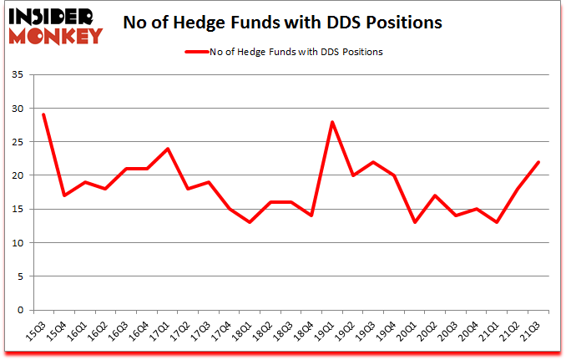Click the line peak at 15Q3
coord(43,114)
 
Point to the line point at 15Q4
coord(63,195)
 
